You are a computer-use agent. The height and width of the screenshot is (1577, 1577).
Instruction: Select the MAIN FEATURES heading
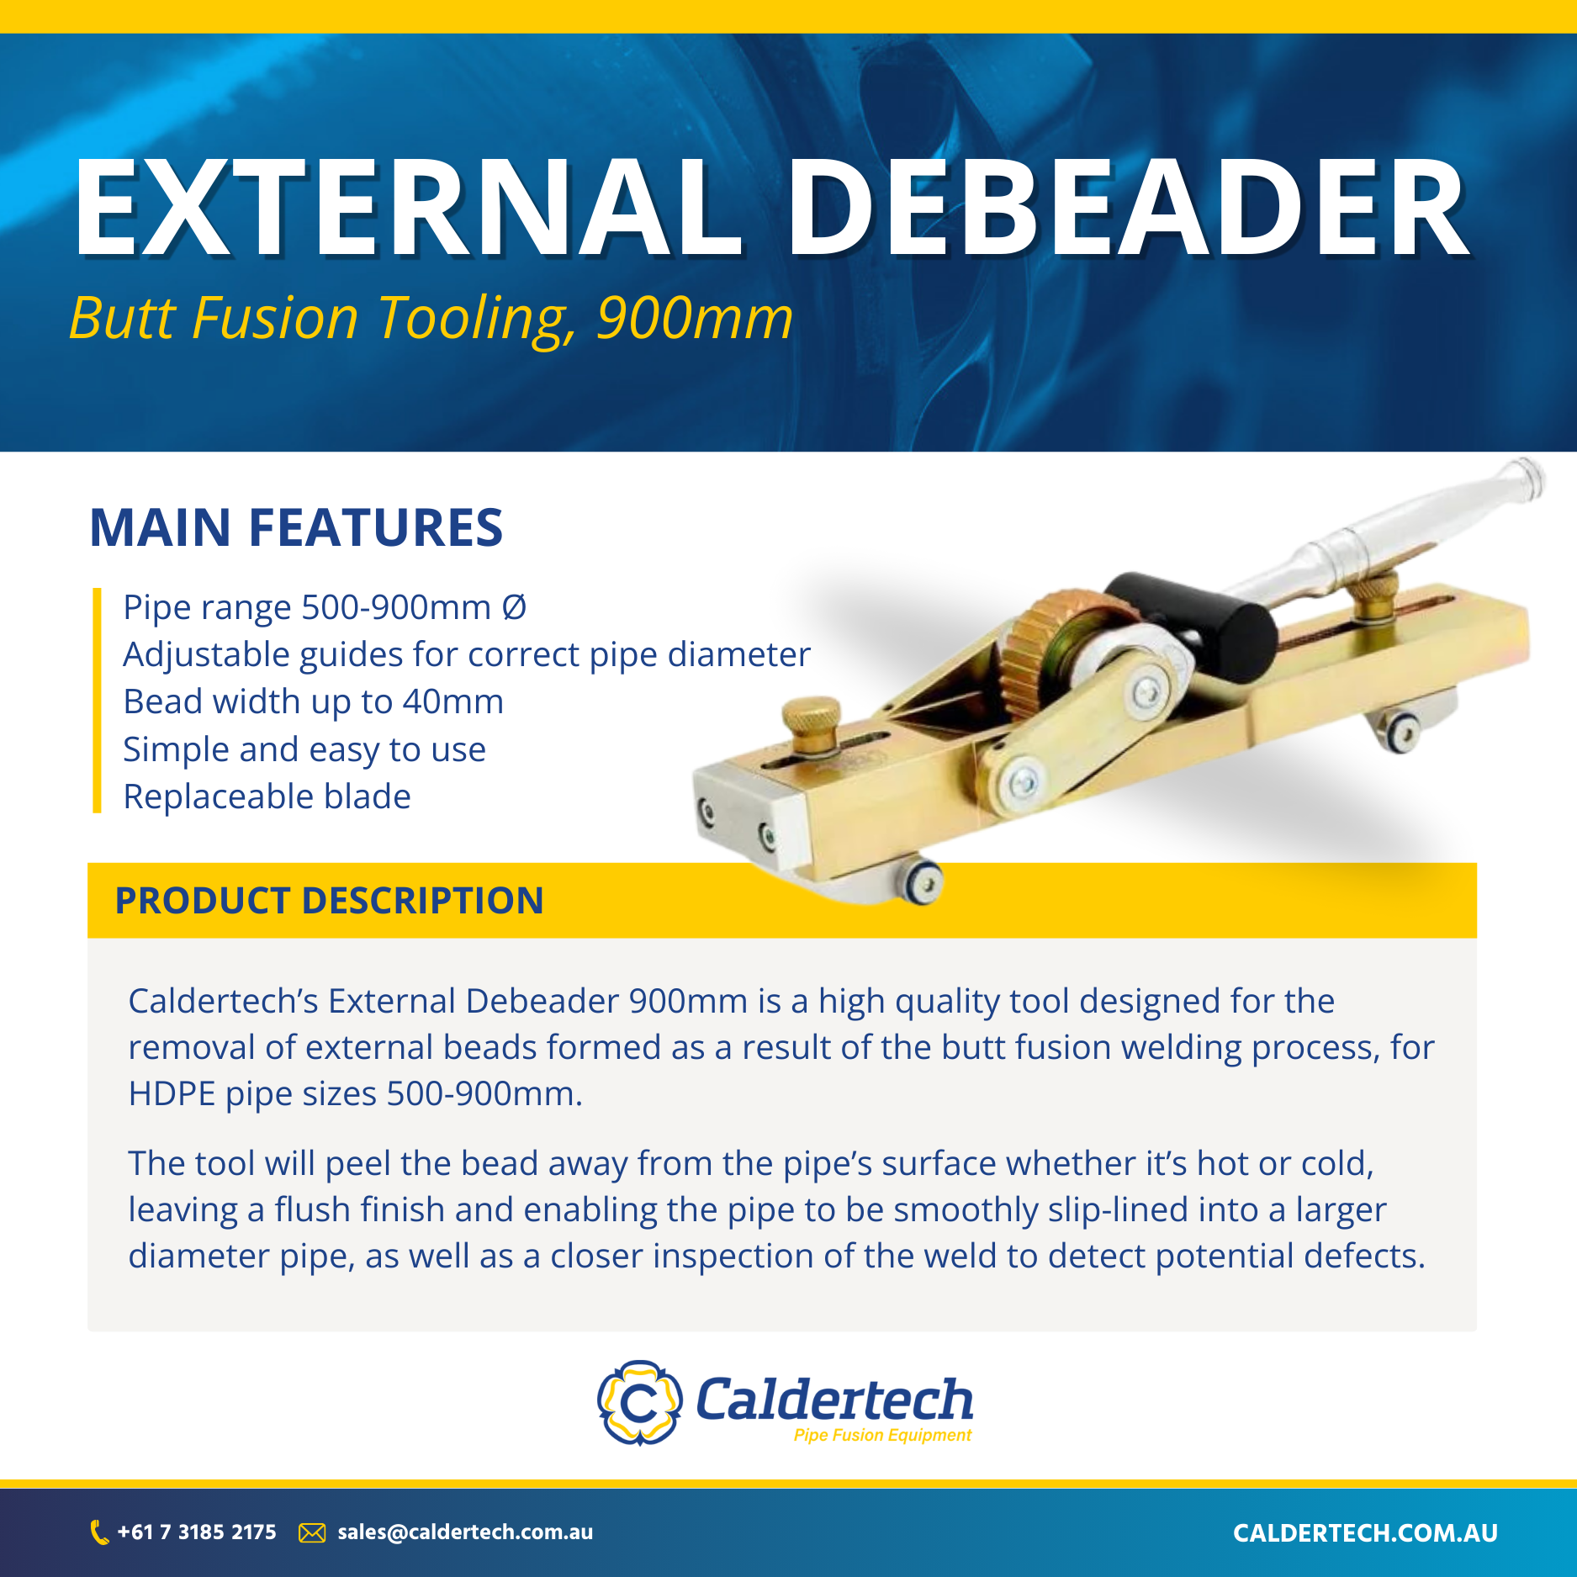coord(296,528)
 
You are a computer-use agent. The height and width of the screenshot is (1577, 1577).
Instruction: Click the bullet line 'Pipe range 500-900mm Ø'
coord(325,607)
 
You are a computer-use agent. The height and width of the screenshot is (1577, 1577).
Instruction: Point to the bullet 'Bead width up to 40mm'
coord(313,701)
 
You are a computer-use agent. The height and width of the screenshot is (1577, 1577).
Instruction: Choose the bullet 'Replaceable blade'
coord(267,796)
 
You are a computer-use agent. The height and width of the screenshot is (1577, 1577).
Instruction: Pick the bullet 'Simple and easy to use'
coord(304,749)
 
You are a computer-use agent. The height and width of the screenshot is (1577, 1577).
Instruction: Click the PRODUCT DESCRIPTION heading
coord(329,900)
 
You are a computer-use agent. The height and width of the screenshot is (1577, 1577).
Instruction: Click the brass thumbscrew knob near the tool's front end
coord(811,720)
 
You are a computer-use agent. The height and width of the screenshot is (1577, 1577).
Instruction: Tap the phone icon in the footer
coord(99,1532)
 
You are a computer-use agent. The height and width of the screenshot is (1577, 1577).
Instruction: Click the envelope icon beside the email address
coord(312,1532)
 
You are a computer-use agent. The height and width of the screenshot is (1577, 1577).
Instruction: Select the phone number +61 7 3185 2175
coord(197,1532)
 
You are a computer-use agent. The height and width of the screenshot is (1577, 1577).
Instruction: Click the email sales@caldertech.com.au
coord(465,1532)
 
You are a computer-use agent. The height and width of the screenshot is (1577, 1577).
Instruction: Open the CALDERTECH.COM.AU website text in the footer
coord(1365,1533)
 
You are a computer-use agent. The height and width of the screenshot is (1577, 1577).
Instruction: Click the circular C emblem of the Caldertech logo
coord(639,1403)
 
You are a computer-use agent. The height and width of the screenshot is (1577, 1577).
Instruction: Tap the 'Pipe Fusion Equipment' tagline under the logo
coord(882,1435)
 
